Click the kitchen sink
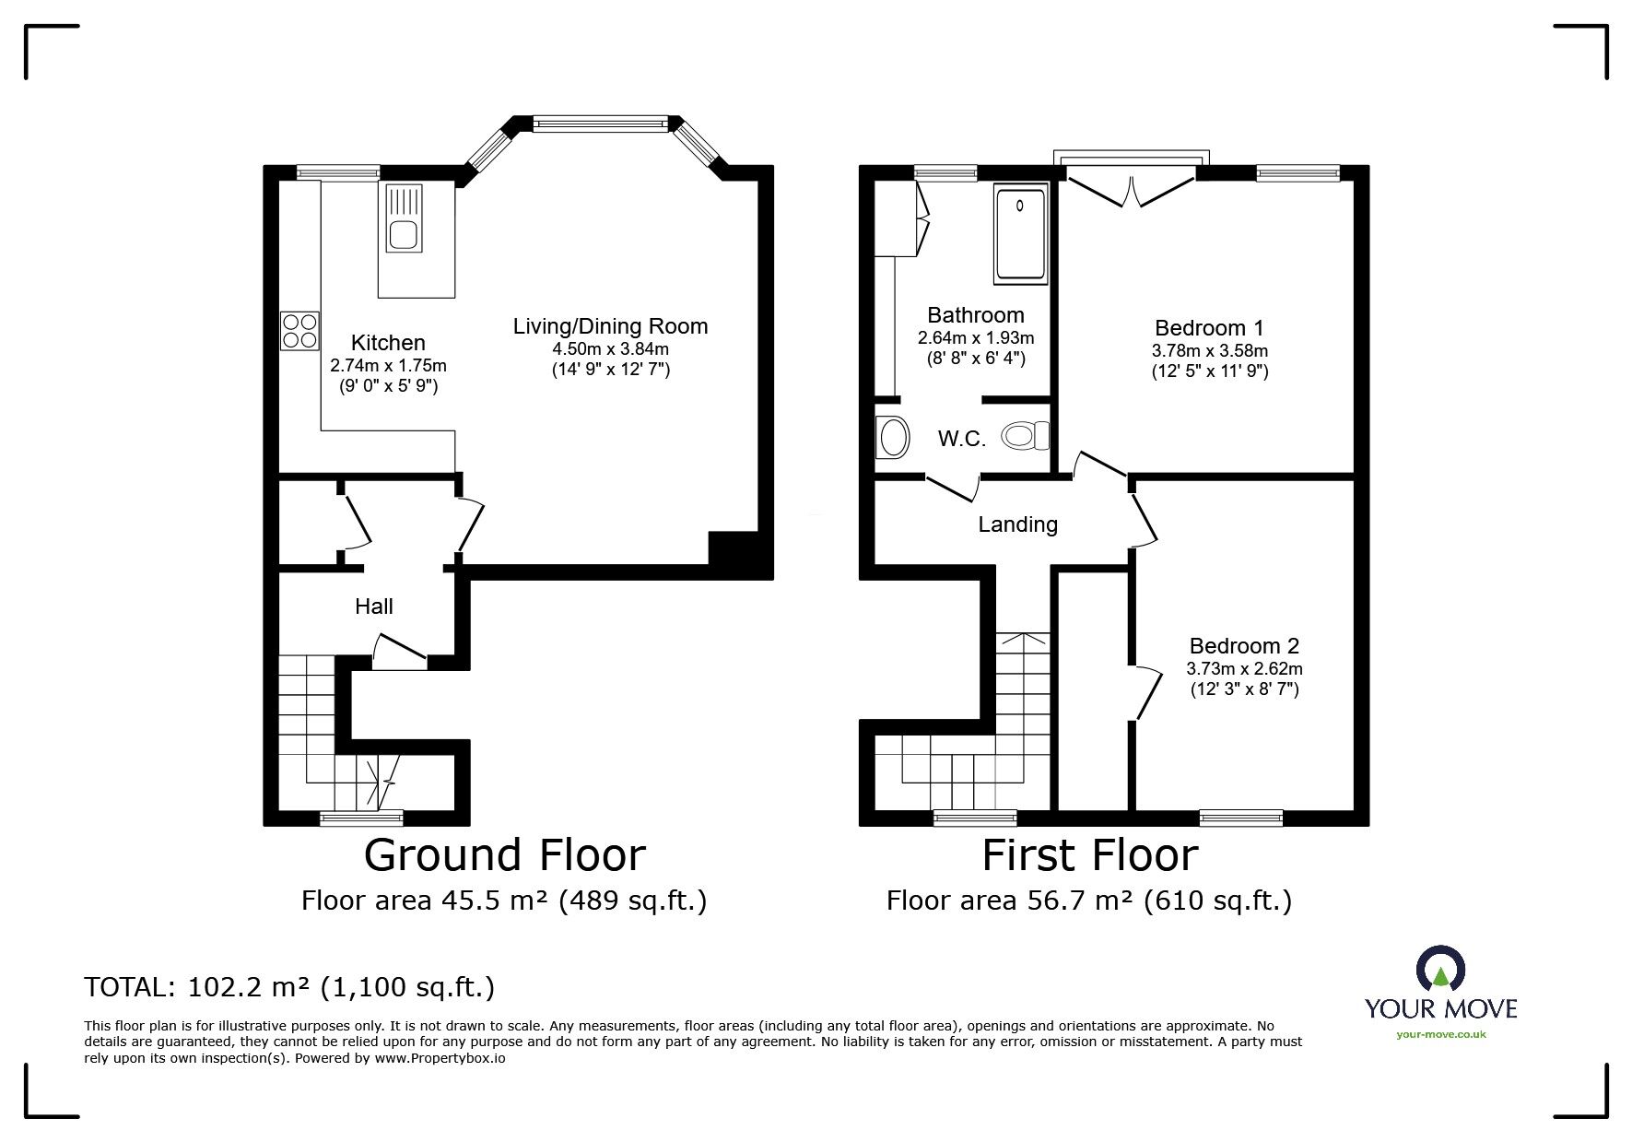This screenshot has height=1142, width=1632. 403,220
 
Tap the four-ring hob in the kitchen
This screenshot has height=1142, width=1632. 299,331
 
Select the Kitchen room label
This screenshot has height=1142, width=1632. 388,343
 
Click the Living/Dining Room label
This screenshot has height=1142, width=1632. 610,325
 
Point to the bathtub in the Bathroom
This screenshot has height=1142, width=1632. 1021,235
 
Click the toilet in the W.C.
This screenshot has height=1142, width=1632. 1025,435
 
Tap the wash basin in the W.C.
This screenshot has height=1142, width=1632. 892,437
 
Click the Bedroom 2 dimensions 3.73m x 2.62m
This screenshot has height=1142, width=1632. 1244,669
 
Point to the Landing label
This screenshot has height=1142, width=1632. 1017,524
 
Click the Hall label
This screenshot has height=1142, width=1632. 374,606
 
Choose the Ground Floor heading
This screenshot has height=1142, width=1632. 504,854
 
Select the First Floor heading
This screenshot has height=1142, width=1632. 1089,854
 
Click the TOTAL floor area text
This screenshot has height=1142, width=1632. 289,987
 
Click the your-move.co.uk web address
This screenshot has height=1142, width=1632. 1440,1034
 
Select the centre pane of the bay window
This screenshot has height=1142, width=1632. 601,123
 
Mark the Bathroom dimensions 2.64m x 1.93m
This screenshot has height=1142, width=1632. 976,337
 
